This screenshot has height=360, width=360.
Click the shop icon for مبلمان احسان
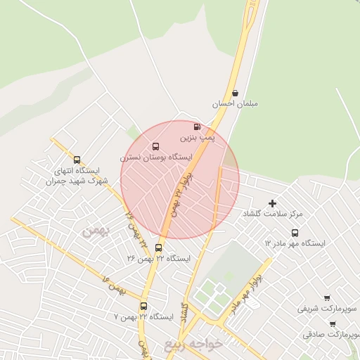pos(235,92)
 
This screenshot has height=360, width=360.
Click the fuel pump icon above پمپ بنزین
pos(196,127)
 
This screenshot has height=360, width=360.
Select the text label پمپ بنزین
pos(197,139)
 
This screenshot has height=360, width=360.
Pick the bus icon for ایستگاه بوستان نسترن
pos(155,147)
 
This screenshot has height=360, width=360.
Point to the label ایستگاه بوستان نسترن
pos(156,158)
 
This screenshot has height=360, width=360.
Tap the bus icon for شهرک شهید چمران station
pos(77,160)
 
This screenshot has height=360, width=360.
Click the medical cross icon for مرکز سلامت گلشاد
pos(273,202)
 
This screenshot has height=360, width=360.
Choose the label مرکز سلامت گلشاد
pos(272,213)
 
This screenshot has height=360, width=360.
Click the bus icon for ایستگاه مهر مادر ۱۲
pos(295,233)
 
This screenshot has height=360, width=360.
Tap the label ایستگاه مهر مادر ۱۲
pos(295,243)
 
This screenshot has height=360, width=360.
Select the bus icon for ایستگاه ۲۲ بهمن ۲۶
pos(158,247)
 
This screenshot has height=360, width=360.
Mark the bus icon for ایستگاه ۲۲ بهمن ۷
pos(144,306)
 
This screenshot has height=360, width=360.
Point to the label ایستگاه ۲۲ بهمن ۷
pos(143,317)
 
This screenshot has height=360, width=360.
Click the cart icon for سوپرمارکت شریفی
pos(327,298)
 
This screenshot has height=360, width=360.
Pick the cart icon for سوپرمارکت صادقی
pos(332,324)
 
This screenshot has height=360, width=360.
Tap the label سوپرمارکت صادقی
pos(331,335)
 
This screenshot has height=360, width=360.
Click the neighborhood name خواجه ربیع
pos(193,345)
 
